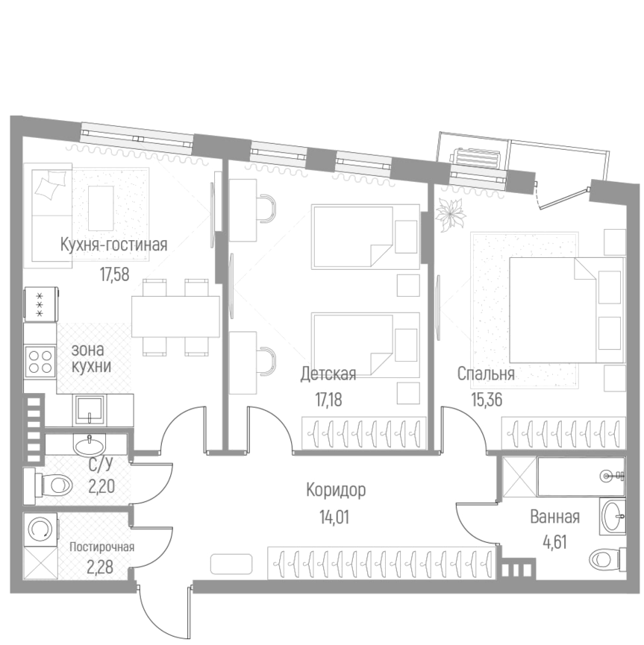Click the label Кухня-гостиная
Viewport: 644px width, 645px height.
tap(113, 245)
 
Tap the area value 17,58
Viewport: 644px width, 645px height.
tap(115, 274)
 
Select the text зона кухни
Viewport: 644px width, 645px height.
tap(92, 358)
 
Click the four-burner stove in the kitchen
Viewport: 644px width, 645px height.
tap(40, 362)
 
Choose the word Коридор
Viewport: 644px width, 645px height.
tap(336, 490)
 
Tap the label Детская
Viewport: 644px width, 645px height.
tap(328, 374)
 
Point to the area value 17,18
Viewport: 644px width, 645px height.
tap(328, 400)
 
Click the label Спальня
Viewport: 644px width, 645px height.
tap(486, 374)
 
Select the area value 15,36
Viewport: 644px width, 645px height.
tap(486, 400)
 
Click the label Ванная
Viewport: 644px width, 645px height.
tap(554, 517)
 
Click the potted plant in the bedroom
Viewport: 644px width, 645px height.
tap(452, 213)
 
